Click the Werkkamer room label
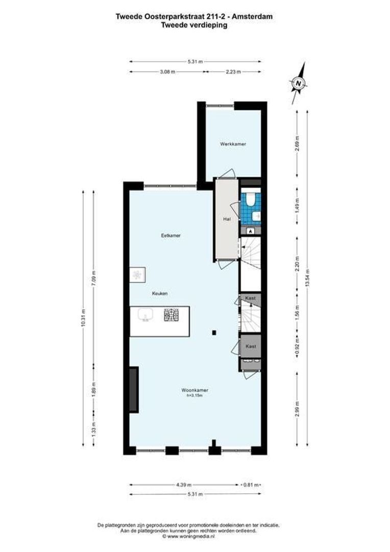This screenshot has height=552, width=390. click(x=233, y=144)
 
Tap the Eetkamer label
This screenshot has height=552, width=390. click(x=171, y=236)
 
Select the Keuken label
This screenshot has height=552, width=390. click(x=160, y=294)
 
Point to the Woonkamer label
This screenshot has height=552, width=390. click(x=194, y=390)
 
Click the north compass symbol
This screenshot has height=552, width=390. click(x=298, y=82)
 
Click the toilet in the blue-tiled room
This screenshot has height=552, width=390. click(x=251, y=200)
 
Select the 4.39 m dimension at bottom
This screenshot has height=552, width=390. click(x=184, y=485)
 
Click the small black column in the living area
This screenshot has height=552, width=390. click(x=214, y=333)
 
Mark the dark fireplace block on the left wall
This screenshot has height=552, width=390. click(x=133, y=389)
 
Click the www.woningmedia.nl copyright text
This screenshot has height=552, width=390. click(x=187, y=537)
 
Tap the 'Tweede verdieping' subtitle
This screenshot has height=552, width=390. click(x=194, y=25)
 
